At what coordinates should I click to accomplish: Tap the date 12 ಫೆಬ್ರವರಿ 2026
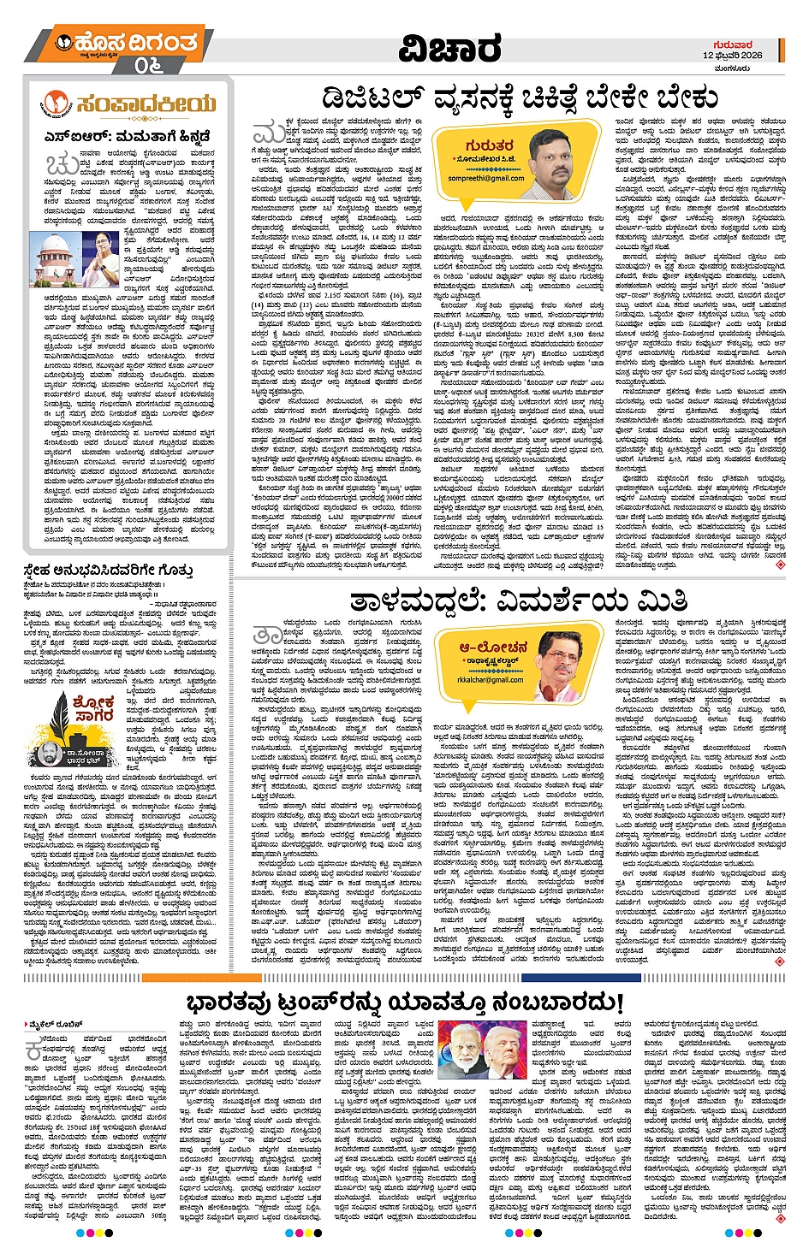point(732,56)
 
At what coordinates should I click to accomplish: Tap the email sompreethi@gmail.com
point(485,179)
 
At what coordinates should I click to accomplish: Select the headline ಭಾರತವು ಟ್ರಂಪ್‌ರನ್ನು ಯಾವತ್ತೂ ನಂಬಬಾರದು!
point(404,1002)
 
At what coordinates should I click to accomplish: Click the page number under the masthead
point(148,65)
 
